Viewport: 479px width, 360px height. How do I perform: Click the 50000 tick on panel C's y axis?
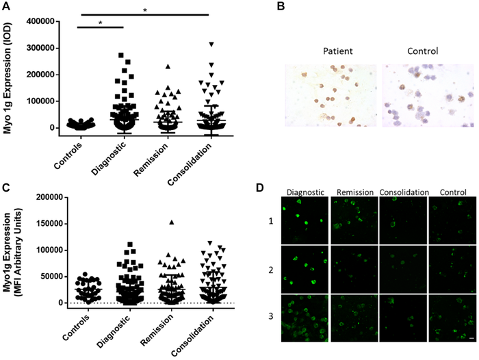[51, 277]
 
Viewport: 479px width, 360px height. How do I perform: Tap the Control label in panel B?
[421, 51]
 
